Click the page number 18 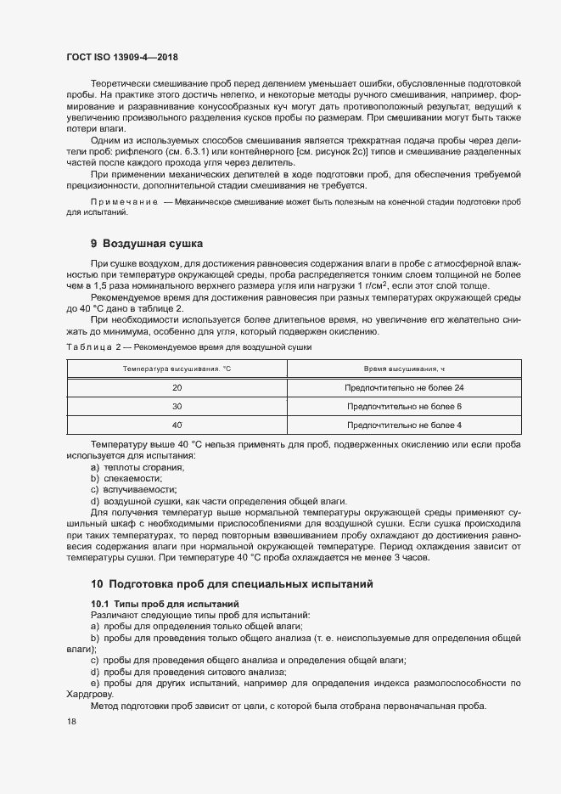[70, 721]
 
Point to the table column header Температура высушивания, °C [177, 369]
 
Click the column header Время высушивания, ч [404, 369]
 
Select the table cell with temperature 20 [177, 388]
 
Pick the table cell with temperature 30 [177, 407]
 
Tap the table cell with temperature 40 [177, 425]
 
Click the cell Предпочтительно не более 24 [404, 388]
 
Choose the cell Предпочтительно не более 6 [404, 407]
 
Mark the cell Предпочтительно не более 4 [404, 425]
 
